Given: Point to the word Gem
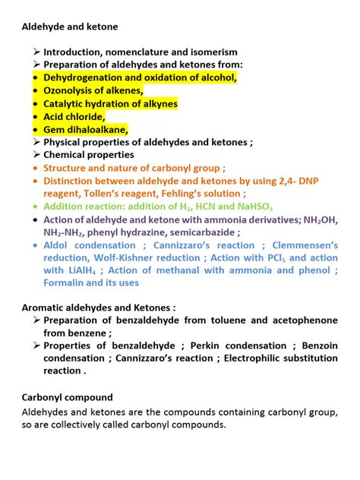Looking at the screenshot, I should (x=54, y=129).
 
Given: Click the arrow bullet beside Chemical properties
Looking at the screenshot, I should (x=36, y=155).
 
